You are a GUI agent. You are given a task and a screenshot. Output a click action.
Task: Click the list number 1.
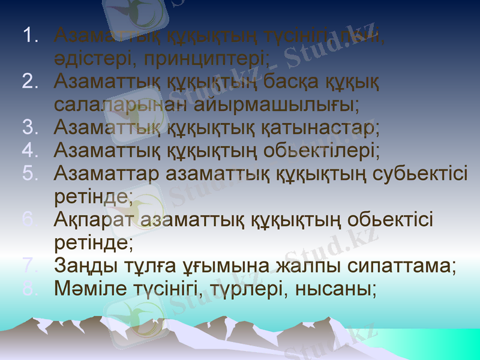(x=30, y=35)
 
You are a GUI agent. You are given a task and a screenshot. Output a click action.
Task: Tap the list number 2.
(x=30, y=81)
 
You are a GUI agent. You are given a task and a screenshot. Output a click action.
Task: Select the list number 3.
(x=30, y=127)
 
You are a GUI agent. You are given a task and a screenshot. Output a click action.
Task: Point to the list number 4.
(x=30, y=150)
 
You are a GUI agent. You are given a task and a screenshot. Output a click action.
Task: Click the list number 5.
(x=30, y=173)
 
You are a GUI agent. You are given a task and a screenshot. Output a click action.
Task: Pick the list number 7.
(x=30, y=265)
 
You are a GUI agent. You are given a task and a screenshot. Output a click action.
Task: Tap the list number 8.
(x=30, y=289)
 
